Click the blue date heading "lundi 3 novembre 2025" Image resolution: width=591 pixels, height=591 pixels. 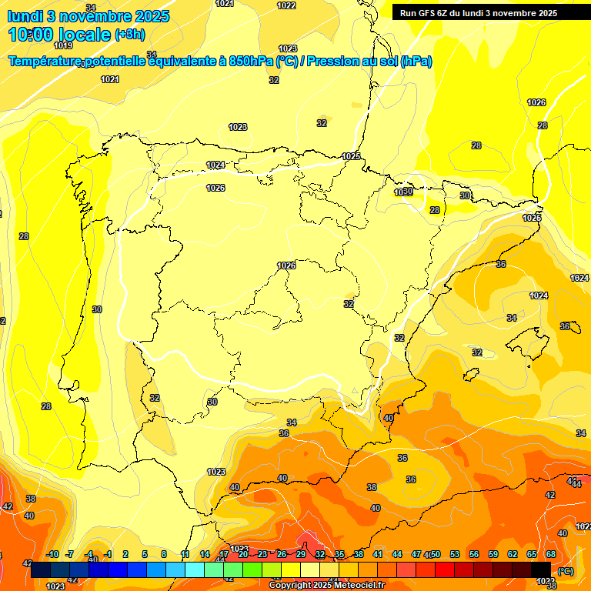pos(89,16)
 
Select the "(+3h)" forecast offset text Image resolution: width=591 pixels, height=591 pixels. pos(129,35)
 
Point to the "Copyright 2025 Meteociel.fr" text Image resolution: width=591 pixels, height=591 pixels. pos(326,585)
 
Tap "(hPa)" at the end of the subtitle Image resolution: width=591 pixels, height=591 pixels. pos(416,62)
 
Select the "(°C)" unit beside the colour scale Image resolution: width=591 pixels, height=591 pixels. pos(566,570)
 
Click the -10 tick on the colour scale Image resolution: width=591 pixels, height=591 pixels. pos(52,554)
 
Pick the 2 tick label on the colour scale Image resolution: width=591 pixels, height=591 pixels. pos(125,554)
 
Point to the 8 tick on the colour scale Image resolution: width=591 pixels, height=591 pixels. pos(164,554)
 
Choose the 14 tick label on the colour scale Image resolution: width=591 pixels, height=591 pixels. pos(205,554)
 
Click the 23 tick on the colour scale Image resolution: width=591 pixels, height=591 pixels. pos(262,554)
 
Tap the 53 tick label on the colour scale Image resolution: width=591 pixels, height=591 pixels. pos(455,554)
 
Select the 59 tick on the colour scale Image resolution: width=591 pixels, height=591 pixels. pos(493,554)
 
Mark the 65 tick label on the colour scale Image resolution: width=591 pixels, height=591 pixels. pos(532,554)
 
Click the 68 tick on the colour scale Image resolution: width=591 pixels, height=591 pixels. pos(551,554)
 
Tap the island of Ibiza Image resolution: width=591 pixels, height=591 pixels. pos(469,374)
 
